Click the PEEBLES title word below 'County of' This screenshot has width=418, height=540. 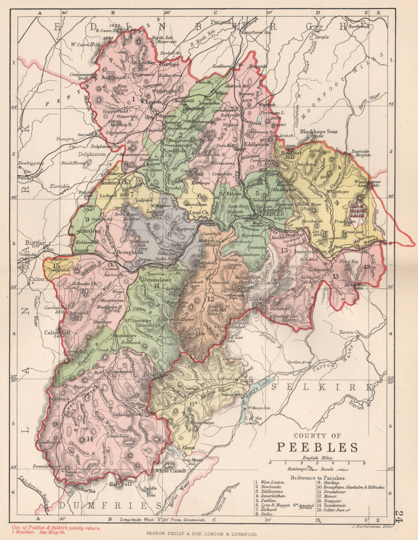317,447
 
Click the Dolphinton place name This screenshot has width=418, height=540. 92,154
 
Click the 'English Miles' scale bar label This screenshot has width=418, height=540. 317,458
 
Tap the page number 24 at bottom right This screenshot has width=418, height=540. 399,516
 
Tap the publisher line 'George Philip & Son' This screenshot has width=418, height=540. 201,534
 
